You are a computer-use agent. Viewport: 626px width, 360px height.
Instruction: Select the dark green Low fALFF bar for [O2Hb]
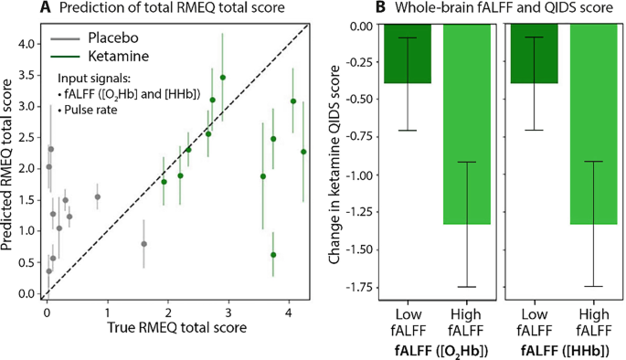tap(408, 54)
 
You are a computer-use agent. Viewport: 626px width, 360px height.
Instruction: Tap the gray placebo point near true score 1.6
tap(143, 244)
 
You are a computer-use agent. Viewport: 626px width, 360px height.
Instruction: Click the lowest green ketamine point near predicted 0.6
tap(273, 255)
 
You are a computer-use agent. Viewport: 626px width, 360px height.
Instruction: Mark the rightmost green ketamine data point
tap(303, 152)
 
